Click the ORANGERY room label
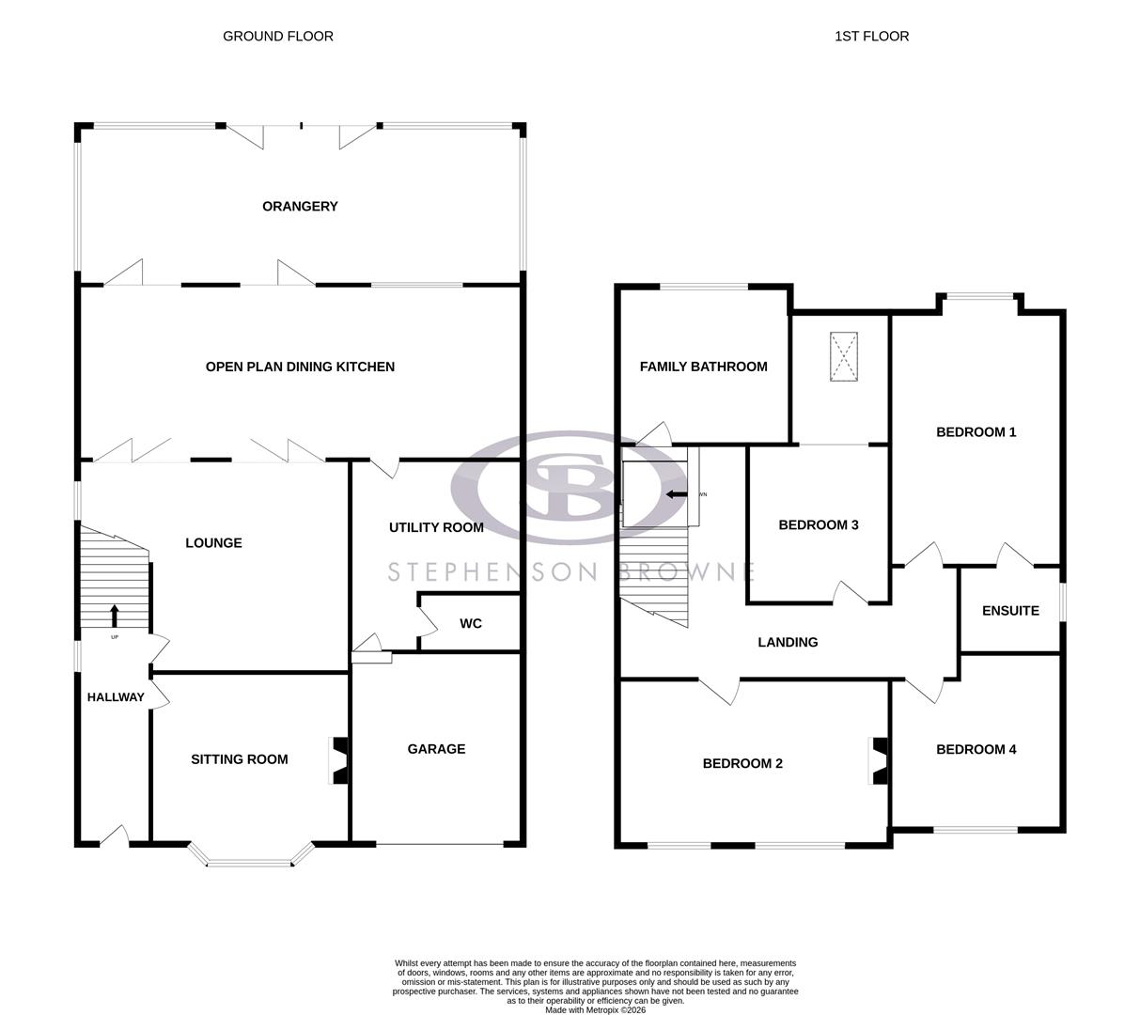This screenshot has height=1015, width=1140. click(300, 207)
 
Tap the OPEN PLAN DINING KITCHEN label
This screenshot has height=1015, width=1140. click(300, 367)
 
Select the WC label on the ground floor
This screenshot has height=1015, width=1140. click(471, 624)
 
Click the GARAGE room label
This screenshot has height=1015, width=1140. click(436, 749)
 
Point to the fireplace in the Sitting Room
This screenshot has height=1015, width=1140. click(339, 760)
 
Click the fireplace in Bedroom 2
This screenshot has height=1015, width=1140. click(879, 760)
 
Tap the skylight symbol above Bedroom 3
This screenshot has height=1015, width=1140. click(844, 357)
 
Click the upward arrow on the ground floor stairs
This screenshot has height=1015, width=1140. click(115, 616)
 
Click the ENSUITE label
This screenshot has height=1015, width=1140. click(1010, 611)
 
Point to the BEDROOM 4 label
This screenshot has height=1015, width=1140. click(976, 750)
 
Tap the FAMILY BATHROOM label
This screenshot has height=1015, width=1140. click(703, 367)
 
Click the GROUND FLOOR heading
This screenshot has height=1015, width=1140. click(278, 37)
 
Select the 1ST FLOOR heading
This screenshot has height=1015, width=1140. click(871, 37)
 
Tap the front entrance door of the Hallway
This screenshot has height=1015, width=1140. click(115, 835)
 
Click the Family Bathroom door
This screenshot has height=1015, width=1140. click(654, 434)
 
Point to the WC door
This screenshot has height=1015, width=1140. click(428, 621)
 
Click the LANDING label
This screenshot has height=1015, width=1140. click(788, 643)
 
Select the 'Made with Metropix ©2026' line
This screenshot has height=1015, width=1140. click(595, 1010)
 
